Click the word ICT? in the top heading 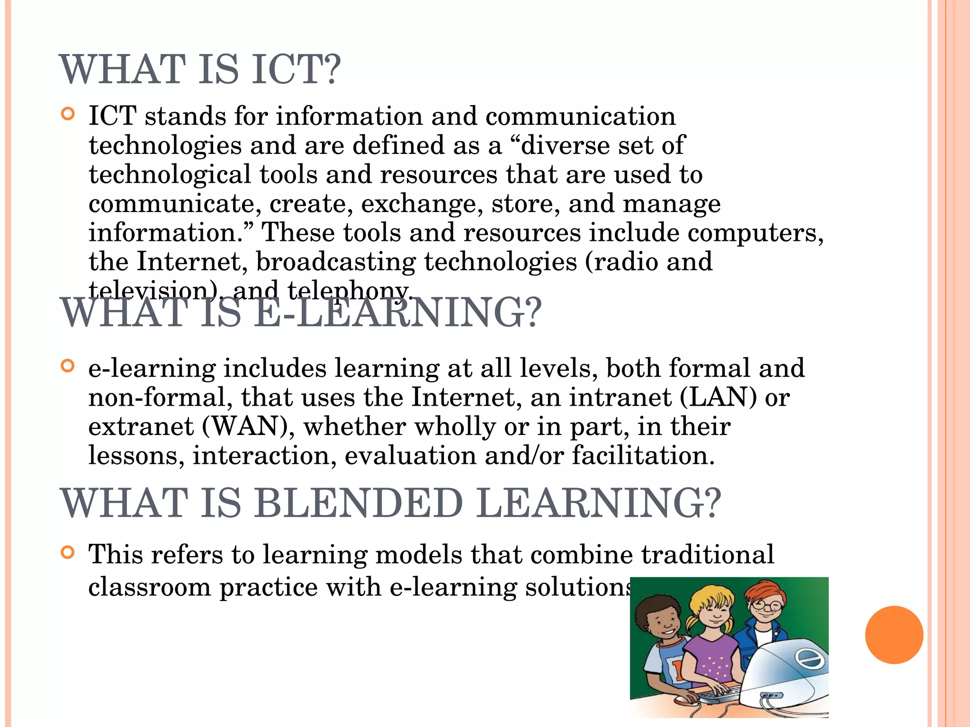click(x=296, y=70)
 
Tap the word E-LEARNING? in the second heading click(x=398, y=313)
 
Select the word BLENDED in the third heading click(x=359, y=503)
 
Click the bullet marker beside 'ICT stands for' click(x=68, y=114)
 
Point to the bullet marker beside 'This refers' click(x=68, y=552)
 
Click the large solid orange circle click(x=894, y=635)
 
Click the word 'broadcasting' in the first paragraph click(x=336, y=262)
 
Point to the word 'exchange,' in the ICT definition click(x=422, y=204)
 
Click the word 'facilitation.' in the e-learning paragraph click(x=643, y=455)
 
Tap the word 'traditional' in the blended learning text click(x=708, y=554)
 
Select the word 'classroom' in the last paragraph click(x=150, y=587)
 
